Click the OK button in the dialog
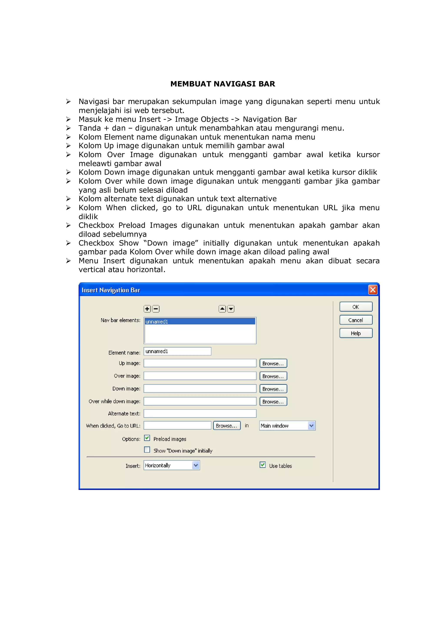pos(356,307)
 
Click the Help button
pos(356,333)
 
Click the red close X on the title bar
pos(373,290)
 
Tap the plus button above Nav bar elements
pos(147,309)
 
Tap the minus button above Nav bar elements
pos(156,309)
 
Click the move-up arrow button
pos(222,309)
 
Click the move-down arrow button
pos(231,309)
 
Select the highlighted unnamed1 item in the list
pos(200,321)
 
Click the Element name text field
pos(177,351)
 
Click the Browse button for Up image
pos(273,363)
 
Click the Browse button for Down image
pos(273,389)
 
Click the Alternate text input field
pos(200,413)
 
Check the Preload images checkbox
pos(147,438)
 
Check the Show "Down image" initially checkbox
pos(147,450)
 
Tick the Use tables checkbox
pos(262,465)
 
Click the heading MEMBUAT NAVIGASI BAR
pos(222,84)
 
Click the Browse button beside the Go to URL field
pos(227,426)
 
